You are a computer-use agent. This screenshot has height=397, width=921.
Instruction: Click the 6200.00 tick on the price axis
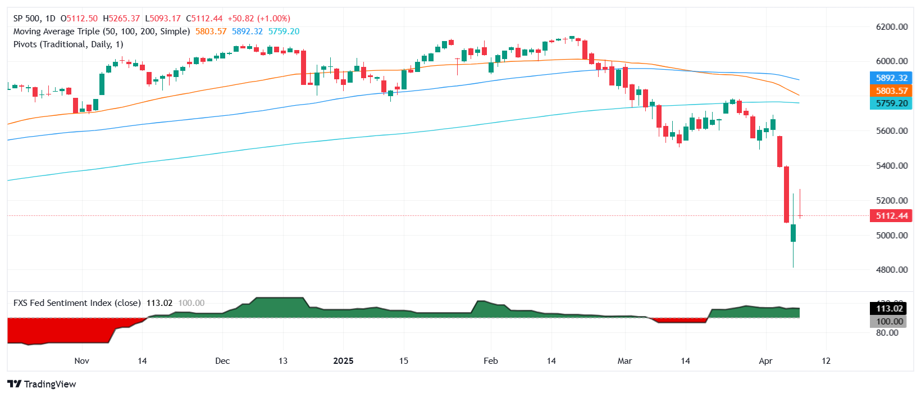891,27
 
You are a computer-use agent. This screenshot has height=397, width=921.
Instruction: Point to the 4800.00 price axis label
891,270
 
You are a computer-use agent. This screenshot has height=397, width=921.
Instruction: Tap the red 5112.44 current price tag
891,216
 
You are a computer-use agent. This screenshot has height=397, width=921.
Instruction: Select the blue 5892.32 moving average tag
891,78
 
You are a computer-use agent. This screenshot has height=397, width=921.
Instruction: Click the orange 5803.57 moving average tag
891,91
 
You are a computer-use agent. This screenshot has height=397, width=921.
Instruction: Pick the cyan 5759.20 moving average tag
891,103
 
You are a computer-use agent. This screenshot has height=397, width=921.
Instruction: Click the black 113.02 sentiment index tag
890,308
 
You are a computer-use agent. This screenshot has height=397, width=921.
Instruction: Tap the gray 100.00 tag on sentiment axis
890,322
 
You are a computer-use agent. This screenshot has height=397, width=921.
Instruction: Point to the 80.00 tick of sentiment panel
887,333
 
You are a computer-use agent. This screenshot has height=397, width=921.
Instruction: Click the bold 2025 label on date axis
343,361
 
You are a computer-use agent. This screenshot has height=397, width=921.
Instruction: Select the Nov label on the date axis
81,361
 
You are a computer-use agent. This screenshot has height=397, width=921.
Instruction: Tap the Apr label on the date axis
765,361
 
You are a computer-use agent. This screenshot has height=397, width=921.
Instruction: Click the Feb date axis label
491,361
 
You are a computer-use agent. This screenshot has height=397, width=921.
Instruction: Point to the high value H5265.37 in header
121,19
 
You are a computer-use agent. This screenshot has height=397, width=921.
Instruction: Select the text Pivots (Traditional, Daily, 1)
68,44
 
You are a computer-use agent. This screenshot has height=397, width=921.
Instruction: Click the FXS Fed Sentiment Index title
77,303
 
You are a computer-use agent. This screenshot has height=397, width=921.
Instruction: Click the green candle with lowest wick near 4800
793,233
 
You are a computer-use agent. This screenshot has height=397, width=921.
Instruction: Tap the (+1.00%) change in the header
274,19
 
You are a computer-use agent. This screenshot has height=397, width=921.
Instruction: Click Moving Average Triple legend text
101,31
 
